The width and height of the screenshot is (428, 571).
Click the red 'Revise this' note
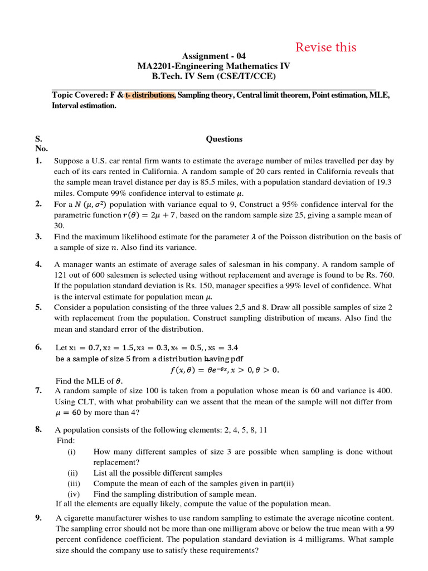(325, 47)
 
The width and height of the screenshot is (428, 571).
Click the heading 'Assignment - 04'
(213, 56)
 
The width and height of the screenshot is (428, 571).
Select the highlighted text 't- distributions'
(150, 95)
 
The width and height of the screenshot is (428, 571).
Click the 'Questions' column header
(224, 139)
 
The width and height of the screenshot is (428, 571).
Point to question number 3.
(38, 236)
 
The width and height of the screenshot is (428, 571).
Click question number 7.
(38, 390)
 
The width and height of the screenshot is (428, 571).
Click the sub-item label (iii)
(74, 483)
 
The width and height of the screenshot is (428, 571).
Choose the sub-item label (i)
(71, 452)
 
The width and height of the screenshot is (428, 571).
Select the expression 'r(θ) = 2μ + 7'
(146, 215)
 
